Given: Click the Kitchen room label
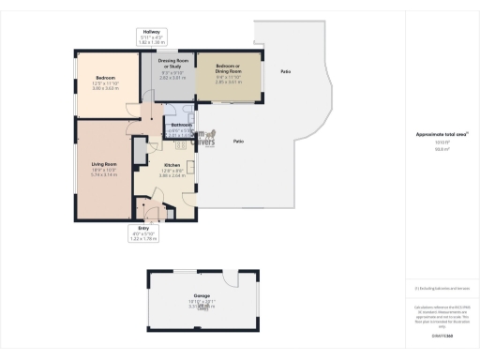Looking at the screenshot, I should (x=171, y=163).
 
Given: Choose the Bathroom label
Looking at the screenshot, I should (x=181, y=125).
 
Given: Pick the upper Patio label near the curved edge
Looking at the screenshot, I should (x=284, y=71).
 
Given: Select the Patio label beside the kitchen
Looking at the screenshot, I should (x=238, y=141).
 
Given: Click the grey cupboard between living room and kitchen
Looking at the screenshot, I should (x=139, y=149).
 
